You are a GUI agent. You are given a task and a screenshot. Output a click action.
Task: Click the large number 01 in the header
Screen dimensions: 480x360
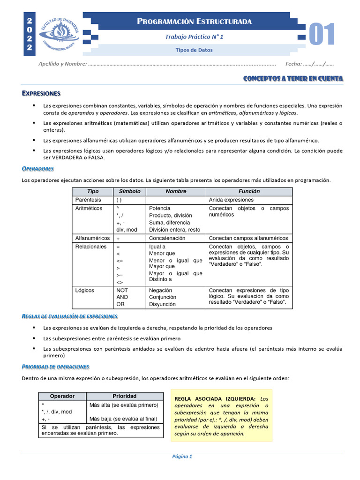[x=322, y=35]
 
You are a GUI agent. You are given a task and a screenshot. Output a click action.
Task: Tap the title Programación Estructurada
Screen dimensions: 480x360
[x=195, y=22]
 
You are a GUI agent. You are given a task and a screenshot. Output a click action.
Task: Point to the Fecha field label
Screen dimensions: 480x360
[x=292, y=64]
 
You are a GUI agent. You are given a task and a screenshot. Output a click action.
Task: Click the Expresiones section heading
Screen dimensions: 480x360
[x=41, y=93]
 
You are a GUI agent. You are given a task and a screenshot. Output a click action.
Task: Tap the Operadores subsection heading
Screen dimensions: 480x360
[x=38, y=168]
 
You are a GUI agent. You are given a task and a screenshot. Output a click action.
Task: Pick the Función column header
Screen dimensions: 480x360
[x=249, y=191]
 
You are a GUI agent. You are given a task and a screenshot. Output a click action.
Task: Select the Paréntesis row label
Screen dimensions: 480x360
[x=88, y=200]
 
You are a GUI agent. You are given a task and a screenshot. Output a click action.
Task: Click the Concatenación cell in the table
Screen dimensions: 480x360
[x=167, y=238]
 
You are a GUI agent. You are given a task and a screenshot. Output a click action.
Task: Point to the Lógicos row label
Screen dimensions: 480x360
[x=84, y=290]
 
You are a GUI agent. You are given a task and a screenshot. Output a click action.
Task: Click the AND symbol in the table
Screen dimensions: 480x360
[x=122, y=297]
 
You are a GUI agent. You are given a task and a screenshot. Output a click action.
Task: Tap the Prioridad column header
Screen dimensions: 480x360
[x=124, y=396]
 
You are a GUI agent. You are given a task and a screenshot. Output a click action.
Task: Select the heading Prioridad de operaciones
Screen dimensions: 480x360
[x=55, y=366]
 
